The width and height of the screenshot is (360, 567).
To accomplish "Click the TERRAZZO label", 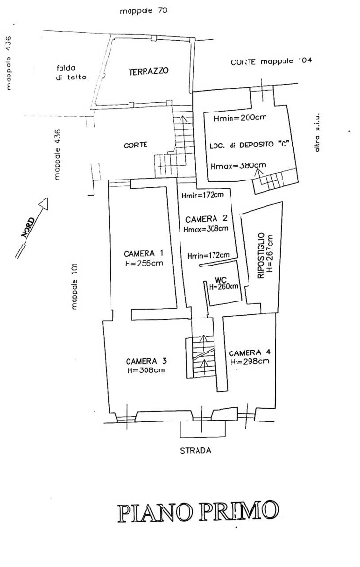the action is pos(149,71).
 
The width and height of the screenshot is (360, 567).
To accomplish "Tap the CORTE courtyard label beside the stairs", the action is pos(135,145).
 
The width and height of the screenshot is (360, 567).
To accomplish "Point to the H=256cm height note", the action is pos(144,263).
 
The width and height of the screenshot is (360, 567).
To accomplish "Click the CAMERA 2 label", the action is pos(206,219).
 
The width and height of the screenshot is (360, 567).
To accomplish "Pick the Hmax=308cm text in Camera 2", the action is pos(206,229).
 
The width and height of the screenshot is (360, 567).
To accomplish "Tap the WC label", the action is pos(220,280).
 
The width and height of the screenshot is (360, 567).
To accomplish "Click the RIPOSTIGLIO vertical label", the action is pos(261,255).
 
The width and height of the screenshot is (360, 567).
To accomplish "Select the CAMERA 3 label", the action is pos(146,361).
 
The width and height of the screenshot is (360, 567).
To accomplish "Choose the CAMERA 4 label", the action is pos(249,352).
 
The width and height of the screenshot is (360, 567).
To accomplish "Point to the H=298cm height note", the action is pos(249,361).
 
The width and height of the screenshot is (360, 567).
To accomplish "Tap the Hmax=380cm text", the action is pos(238,166).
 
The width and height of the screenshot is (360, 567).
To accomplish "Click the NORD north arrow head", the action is pos(43,203).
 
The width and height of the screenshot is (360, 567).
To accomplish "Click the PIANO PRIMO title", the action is pos(198,511).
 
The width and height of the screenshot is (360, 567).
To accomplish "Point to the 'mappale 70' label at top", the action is pos(144,11).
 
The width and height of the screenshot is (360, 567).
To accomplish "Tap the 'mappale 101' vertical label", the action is pos(75,286).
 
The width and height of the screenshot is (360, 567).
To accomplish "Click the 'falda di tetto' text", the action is pos(71,73).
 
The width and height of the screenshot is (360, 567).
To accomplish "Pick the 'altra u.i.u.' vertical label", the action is pos(317,132).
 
